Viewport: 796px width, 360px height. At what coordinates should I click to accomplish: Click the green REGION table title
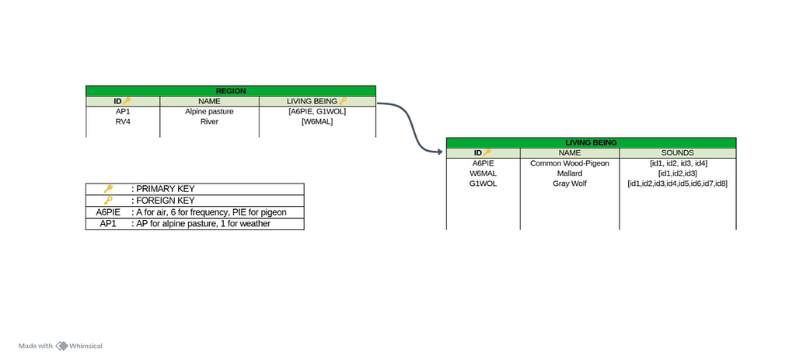pos(230,91)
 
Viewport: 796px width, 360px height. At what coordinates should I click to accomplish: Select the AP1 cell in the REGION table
pos(122,111)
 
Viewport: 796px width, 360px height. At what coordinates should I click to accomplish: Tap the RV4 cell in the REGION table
pos(122,121)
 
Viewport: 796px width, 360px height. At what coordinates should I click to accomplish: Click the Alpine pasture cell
pos(209,111)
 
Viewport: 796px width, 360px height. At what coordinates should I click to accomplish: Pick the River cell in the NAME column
pos(209,121)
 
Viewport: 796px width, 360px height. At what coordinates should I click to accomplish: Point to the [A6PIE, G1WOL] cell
pos(316,111)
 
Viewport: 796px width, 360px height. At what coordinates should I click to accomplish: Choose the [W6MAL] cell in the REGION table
pos(316,121)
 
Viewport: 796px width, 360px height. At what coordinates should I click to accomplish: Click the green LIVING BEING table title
pos(591,143)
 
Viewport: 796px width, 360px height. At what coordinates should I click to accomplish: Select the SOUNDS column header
pos(677,153)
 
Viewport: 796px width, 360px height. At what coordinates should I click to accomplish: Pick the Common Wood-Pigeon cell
pos(570,163)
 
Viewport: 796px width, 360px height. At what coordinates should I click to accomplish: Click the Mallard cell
pos(570,173)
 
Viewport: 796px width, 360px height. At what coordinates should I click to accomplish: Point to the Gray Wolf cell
pos(570,183)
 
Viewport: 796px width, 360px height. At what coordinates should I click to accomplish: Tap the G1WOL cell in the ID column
pos(483,183)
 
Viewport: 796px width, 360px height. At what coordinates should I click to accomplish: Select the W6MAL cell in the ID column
pos(483,173)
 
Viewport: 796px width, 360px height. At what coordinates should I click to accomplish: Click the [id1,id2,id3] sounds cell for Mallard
pos(677,173)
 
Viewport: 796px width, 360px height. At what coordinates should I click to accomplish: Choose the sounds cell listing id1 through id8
pos(677,183)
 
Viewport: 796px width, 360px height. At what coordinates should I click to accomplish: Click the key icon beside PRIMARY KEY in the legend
pos(108,189)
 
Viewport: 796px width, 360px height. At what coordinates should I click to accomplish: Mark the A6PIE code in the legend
pos(108,212)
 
